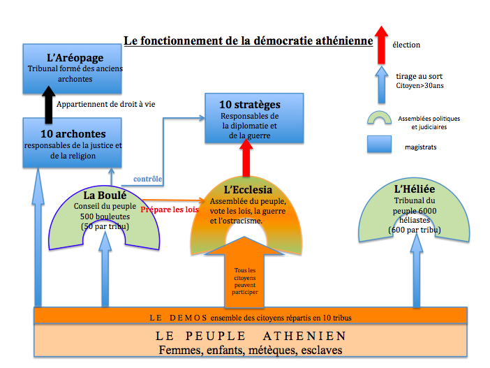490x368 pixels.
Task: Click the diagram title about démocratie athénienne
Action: (x=248, y=41)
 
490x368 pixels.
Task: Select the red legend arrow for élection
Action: (x=380, y=44)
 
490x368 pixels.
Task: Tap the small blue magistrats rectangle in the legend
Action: (x=381, y=145)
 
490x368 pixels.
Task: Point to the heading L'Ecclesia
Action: (x=248, y=189)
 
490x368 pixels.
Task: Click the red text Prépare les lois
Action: (x=170, y=209)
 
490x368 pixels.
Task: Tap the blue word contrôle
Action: (x=147, y=179)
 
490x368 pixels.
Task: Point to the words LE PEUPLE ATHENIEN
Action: (x=251, y=336)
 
